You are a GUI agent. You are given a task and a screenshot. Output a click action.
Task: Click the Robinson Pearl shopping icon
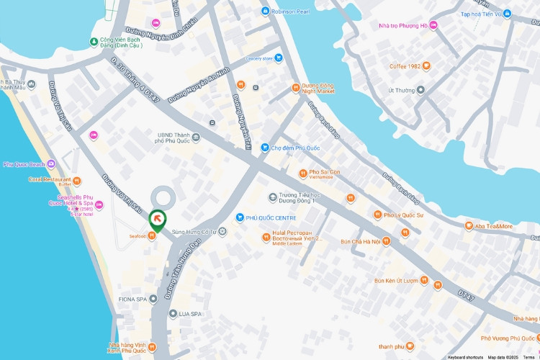pos(266,11)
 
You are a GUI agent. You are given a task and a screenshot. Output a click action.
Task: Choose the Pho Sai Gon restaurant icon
pos(303,173)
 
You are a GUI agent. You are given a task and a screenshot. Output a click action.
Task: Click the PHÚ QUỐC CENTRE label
pos(271,217)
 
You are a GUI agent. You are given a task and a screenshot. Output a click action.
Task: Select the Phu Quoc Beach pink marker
pos(50,164)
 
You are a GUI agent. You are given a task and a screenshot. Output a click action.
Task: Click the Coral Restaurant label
pos(50,179)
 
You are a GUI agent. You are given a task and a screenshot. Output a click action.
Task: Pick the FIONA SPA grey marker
pos(153,298)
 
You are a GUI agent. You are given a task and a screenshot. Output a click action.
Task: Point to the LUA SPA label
pos(190,314)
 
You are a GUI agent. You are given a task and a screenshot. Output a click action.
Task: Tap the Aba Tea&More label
pos(494,226)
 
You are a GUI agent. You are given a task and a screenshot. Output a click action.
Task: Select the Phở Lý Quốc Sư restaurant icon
pos(376,215)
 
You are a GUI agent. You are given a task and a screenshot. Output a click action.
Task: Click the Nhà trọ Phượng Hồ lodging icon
pos(434,26)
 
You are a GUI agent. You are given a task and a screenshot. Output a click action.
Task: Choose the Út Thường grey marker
pos(421,90)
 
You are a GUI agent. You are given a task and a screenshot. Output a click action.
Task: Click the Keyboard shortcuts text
pos(464,357)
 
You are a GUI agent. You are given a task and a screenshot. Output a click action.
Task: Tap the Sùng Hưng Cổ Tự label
pos(194,232)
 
